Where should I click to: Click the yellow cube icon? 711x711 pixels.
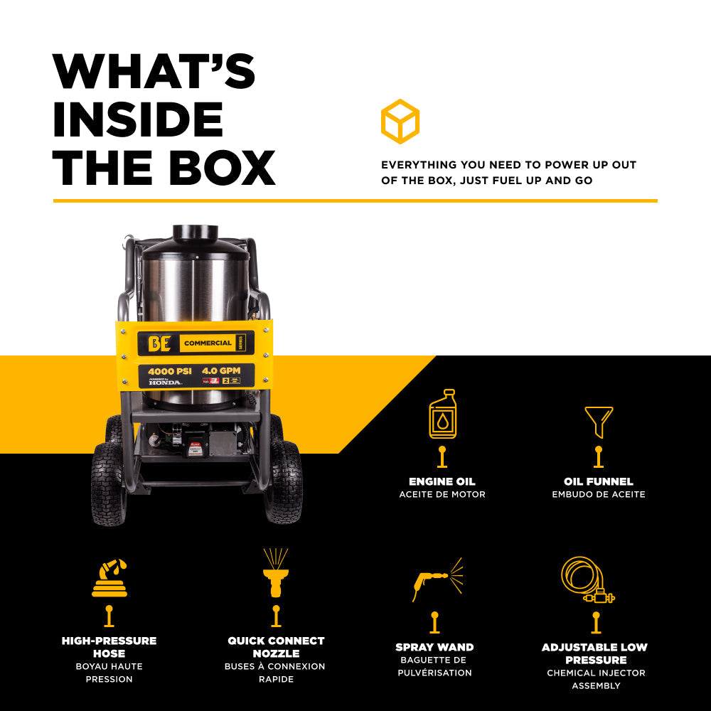pos(400,122)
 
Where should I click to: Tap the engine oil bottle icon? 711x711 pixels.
pos(442,414)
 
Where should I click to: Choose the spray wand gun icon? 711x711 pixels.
pos(436,579)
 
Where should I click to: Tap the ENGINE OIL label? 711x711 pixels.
pos(442,481)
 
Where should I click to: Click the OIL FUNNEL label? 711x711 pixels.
pos(599,481)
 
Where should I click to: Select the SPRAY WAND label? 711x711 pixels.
pos(434,647)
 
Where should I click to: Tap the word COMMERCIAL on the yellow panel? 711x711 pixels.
pos(208,343)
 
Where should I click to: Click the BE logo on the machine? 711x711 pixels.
pos(158,343)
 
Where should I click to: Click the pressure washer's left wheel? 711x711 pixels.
pos(109,483)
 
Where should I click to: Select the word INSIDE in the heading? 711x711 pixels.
pos(138,119)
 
